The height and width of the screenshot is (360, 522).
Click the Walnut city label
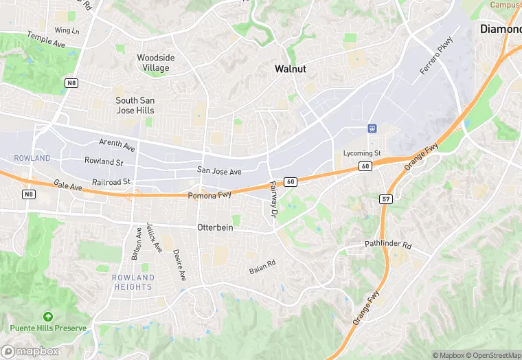coord(290,69)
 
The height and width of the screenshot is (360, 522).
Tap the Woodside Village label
coord(155,63)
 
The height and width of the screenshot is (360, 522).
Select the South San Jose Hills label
coord(135,105)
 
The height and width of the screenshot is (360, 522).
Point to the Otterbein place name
coord(216,227)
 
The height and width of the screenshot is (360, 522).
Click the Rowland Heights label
coord(133,282)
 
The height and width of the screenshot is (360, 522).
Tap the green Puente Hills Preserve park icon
coord(47,317)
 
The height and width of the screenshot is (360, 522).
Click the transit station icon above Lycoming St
coord(372,128)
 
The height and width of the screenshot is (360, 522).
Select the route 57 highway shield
coord(386,198)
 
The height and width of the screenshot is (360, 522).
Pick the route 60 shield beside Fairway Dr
coord(291,181)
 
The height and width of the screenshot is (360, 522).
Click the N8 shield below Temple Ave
coord(71,82)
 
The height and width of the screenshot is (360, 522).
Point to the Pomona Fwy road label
coord(209,196)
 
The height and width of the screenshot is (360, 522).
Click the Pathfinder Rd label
coord(387,245)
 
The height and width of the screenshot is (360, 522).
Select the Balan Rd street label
coord(262,266)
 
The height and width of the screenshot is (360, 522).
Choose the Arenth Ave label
coord(117,144)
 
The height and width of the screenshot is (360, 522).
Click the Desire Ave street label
coord(179,265)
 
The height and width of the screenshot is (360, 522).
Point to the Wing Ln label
coord(67,30)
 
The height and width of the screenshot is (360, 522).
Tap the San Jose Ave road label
coord(219,171)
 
